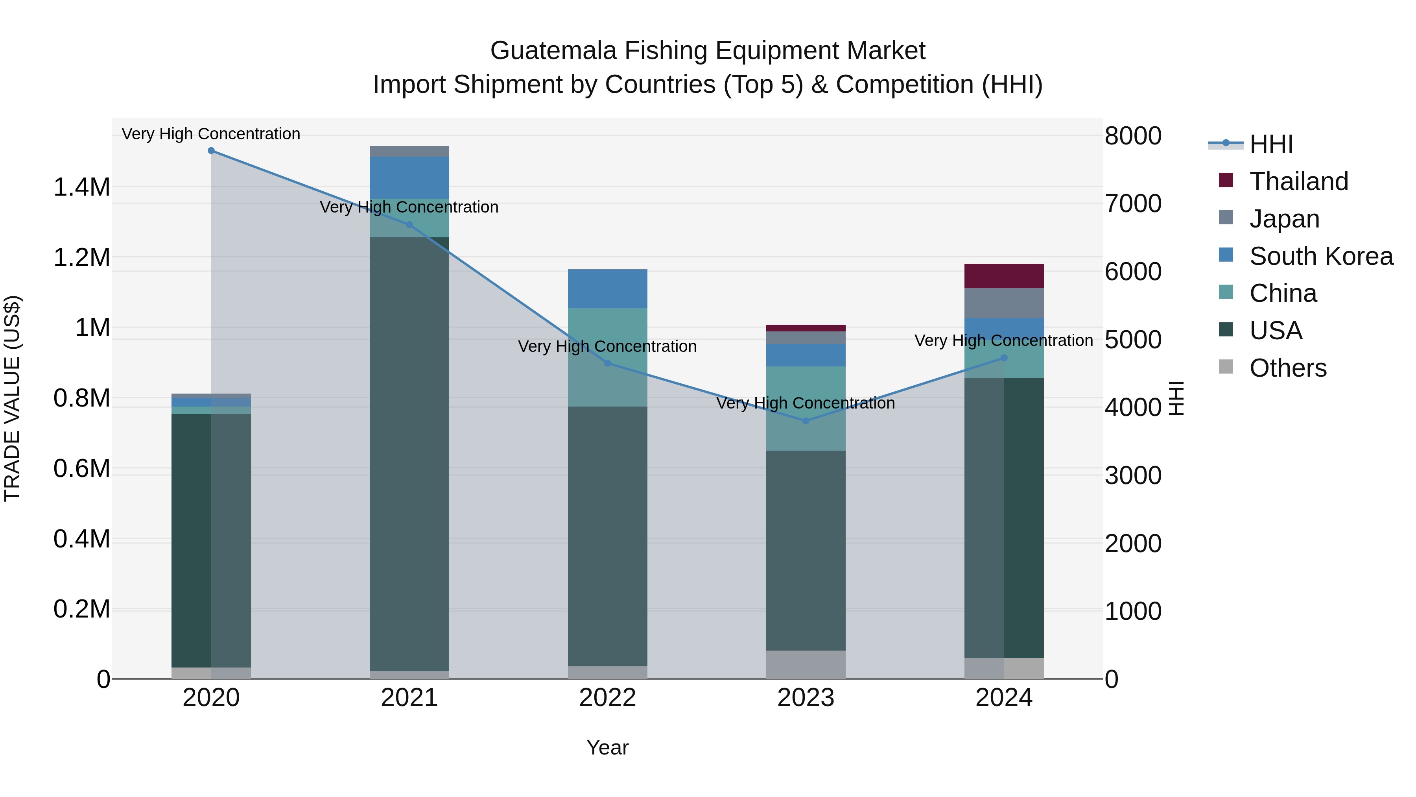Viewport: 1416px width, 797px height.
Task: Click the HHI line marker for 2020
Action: [211, 151]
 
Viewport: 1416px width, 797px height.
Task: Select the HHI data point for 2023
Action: [806, 421]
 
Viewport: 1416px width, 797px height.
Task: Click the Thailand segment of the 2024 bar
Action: [1004, 276]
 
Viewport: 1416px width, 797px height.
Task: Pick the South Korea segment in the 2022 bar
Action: [607, 289]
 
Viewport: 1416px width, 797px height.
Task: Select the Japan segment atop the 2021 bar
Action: [409, 151]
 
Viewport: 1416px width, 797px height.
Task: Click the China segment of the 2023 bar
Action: [806, 408]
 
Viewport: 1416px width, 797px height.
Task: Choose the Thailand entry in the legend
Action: [1298, 181]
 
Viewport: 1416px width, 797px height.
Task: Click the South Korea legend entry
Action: [1321, 256]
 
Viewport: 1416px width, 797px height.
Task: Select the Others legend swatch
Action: [1226, 367]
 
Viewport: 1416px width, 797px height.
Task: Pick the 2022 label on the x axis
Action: [607, 698]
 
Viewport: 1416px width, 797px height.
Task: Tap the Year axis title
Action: [607, 747]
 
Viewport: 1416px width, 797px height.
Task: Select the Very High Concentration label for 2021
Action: [409, 207]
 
